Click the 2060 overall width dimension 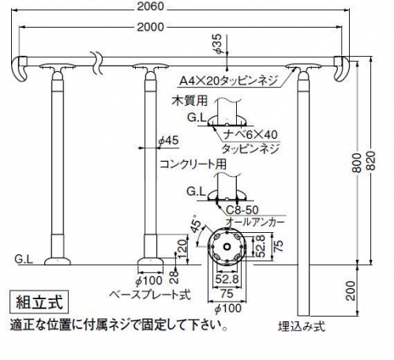click(x=151, y=6)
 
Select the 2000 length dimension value click(x=151, y=27)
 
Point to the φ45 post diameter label click(x=168, y=141)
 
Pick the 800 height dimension click(x=357, y=163)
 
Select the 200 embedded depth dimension click(x=351, y=291)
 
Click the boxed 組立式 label click(x=39, y=302)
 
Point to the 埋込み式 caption click(x=302, y=327)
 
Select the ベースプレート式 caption click(x=149, y=294)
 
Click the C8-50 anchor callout click(x=242, y=210)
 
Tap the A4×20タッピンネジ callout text click(x=228, y=80)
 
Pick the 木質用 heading click(x=189, y=100)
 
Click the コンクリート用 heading click(x=193, y=164)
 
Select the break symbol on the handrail click(x=96, y=62)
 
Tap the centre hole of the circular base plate click(x=227, y=247)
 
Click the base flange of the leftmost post click(x=58, y=261)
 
